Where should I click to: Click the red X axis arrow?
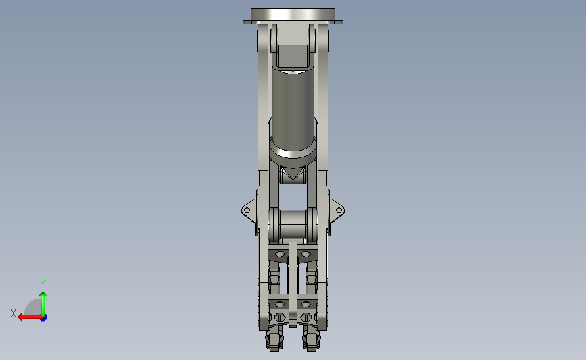30,317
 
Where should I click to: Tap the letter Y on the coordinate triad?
43,284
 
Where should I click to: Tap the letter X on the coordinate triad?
14,313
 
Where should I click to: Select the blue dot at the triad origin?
44,318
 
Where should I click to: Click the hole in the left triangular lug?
247,211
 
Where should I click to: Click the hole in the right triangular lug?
339,211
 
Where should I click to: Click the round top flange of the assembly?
293,16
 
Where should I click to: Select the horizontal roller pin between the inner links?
293,226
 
